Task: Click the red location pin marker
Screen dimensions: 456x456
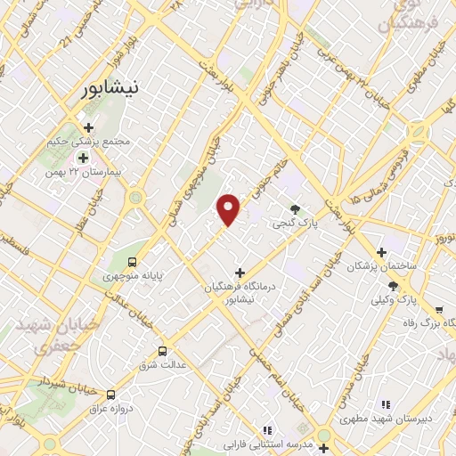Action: [229, 208]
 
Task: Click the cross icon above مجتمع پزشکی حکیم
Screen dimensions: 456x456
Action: [89, 127]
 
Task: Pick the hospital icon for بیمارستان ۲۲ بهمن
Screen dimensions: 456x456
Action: [83, 158]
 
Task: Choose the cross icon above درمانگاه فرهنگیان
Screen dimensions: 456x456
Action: [239, 272]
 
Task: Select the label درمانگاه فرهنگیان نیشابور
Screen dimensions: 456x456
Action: [240, 294]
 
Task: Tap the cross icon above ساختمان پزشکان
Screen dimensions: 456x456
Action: [382, 253]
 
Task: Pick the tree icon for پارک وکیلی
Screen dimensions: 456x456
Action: [393, 286]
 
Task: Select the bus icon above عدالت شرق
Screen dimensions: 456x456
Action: [162, 351]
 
